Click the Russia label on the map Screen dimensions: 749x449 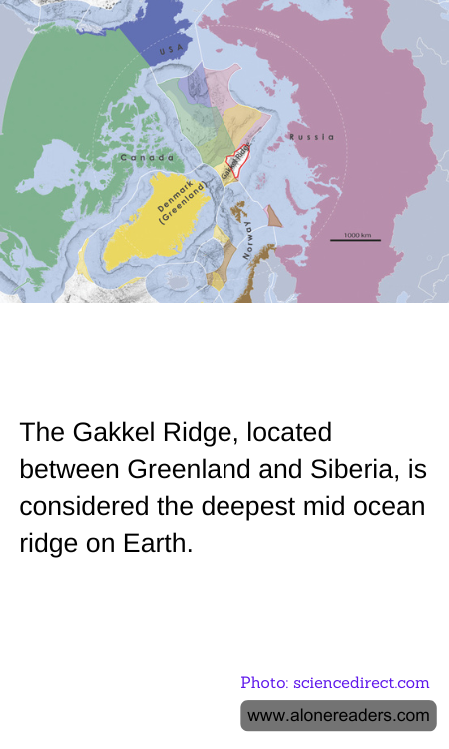coord(310,137)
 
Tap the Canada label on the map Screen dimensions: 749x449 coord(141,158)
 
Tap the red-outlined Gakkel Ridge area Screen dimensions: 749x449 coord(235,163)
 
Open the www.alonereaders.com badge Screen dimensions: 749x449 coord(338,715)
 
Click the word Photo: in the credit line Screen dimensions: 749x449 coord(263,683)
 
